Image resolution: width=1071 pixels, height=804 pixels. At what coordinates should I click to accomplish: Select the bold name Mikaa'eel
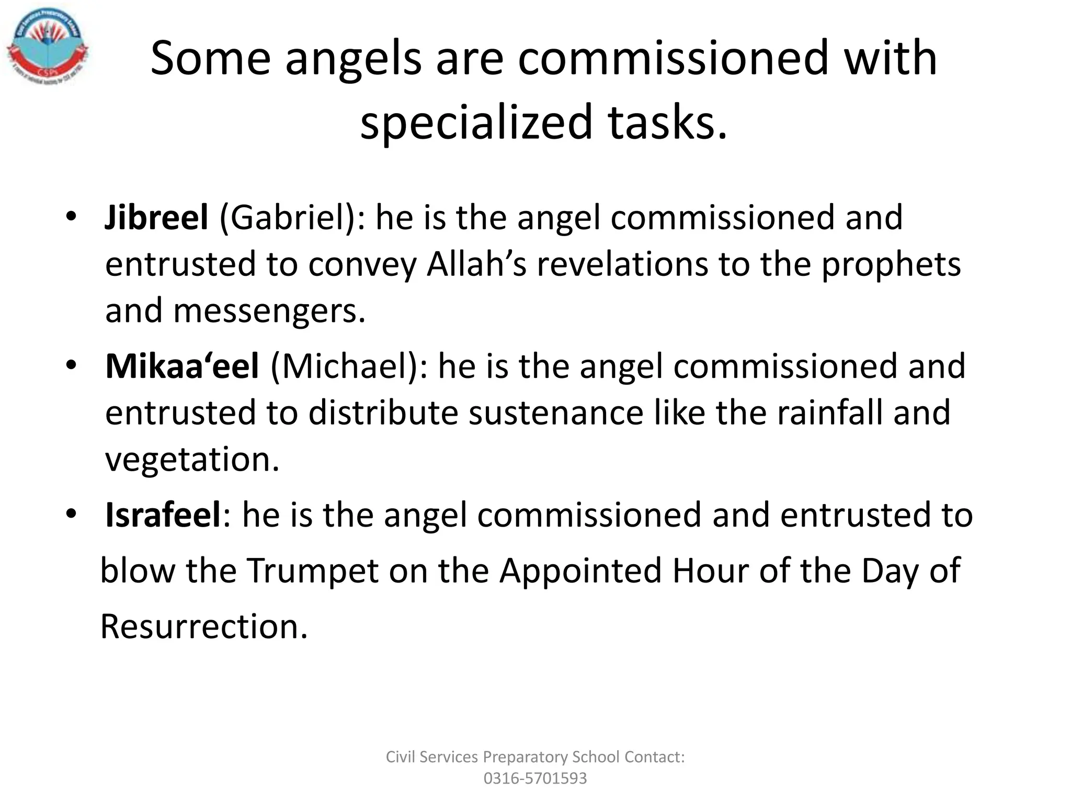tap(182, 366)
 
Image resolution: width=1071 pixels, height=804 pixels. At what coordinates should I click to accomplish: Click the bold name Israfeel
tap(164, 515)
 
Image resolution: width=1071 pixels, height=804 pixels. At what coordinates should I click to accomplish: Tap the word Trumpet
tap(312, 570)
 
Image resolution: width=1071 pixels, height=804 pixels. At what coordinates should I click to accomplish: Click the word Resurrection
tap(203, 627)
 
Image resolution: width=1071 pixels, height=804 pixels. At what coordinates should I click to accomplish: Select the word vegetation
tap(192, 460)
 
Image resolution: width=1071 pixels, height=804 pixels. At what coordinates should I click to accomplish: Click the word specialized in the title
tap(476, 122)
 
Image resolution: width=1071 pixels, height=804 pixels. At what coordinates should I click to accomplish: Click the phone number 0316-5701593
tap(535, 778)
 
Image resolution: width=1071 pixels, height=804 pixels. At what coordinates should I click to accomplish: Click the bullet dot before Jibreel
tap(71, 217)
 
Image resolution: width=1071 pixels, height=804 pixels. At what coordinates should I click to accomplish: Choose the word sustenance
tap(555, 412)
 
